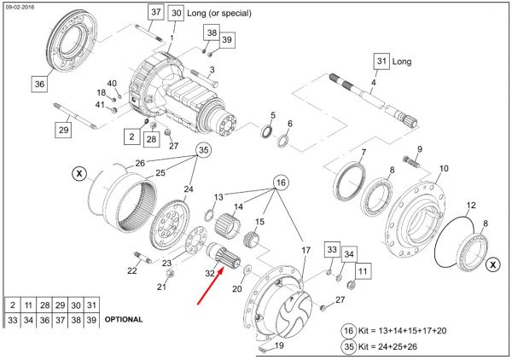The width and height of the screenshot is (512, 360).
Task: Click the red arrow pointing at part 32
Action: [x=211, y=286]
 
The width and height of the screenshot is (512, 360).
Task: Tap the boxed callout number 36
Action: [x=39, y=84]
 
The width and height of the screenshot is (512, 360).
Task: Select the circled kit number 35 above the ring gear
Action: [x=203, y=150]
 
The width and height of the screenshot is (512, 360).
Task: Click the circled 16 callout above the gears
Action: [x=281, y=183]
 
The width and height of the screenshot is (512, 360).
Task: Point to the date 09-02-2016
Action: [x=20, y=7]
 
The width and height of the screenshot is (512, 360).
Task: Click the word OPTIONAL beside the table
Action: [x=124, y=319]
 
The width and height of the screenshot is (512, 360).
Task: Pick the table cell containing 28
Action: [x=44, y=305]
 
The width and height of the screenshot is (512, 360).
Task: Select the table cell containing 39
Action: [x=91, y=320]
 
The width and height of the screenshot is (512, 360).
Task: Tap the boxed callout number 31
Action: [x=381, y=61]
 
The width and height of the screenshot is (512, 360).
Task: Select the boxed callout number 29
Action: [x=63, y=130]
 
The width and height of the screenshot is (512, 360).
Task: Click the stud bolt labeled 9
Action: [x=412, y=162]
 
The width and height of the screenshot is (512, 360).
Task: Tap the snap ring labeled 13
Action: [x=209, y=216]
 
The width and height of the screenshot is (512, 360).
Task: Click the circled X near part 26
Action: [x=79, y=173]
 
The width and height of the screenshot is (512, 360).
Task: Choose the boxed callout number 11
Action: [x=363, y=271]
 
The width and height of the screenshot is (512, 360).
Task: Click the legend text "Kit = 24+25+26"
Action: [x=387, y=346]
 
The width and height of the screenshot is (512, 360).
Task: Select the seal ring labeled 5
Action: [x=267, y=131]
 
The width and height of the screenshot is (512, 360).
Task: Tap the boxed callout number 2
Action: [x=132, y=136]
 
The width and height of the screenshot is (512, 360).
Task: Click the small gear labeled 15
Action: [x=251, y=239]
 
